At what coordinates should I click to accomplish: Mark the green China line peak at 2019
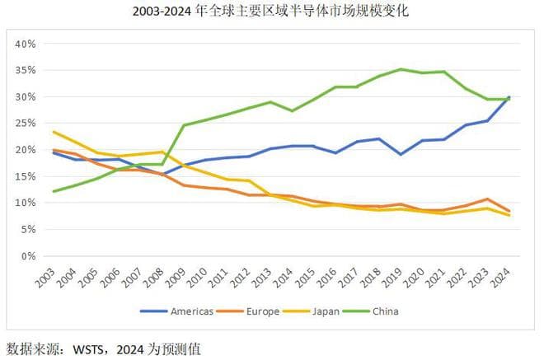pyautogui.click(x=401, y=69)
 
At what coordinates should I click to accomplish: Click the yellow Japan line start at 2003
pyautogui.click(x=54, y=132)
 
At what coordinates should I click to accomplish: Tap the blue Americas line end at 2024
pyautogui.click(x=509, y=97)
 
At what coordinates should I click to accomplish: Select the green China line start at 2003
pyautogui.click(x=54, y=191)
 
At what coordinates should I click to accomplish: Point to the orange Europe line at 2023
pyautogui.click(x=487, y=199)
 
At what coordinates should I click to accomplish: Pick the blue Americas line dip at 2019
pyautogui.click(x=401, y=154)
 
